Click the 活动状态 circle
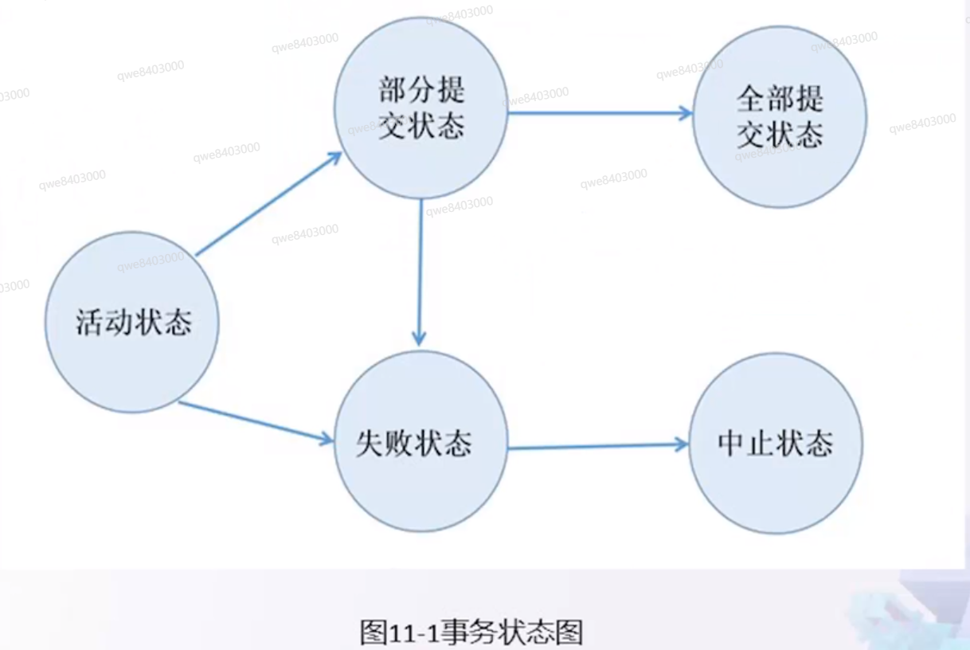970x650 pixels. pos(132,322)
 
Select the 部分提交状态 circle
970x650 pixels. pos(420,108)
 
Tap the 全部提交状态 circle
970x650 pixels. pos(780,117)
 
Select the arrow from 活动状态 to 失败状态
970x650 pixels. pos(255,421)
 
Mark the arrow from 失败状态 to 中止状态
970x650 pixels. pos(597,447)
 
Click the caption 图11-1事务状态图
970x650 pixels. pos(471,633)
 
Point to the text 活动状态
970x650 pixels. pos(134,323)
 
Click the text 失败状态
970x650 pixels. pos(413,443)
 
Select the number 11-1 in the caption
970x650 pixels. pos(413,633)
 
